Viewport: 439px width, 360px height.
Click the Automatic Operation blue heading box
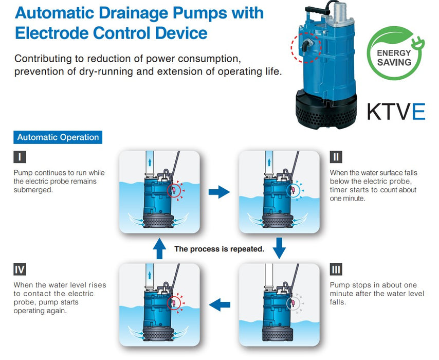tap(58, 137)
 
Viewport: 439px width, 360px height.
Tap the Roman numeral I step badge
tap(20, 157)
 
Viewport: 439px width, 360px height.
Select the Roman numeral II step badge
tap(336, 157)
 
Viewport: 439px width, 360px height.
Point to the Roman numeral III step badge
tap(336, 269)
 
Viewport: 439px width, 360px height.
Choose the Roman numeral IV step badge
tap(20, 269)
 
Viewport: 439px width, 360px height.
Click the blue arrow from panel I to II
tap(219, 192)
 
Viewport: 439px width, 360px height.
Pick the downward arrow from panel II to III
tap(279, 248)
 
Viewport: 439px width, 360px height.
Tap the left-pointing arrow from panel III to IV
tap(219, 304)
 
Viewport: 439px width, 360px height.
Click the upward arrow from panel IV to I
tap(159, 248)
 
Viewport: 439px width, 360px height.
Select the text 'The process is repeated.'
tap(219, 249)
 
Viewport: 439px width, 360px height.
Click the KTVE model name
tap(396, 112)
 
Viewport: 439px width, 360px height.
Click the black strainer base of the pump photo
tap(326, 110)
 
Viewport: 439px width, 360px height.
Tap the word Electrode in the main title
tap(51, 33)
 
